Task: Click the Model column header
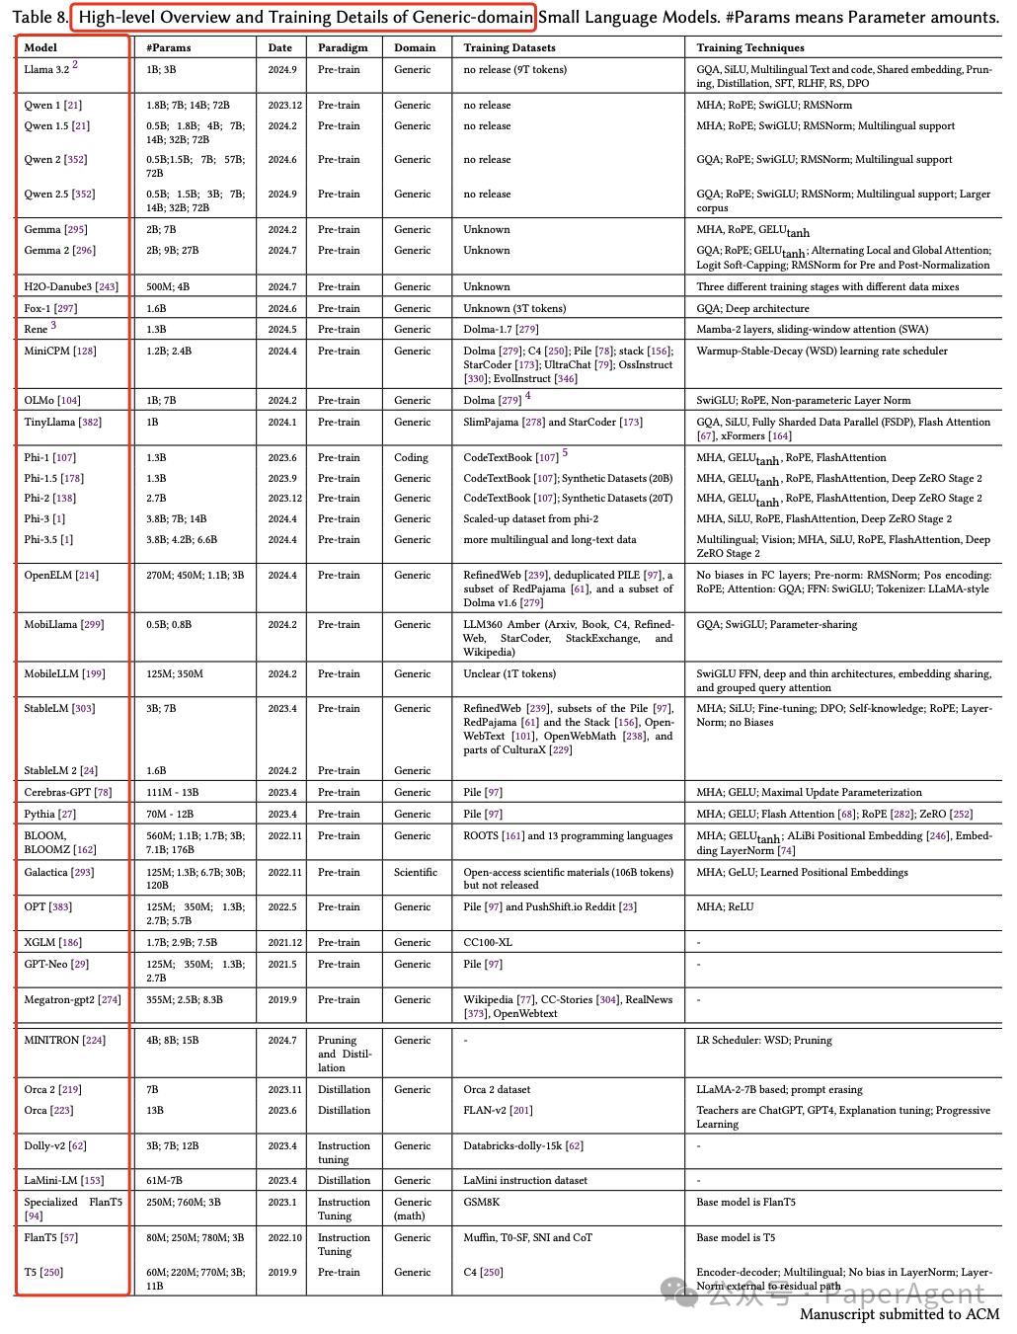(40, 47)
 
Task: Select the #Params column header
(168, 47)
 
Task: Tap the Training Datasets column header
(509, 47)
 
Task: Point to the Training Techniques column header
(750, 47)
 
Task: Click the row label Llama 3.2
(47, 70)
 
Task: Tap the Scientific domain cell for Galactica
(415, 873)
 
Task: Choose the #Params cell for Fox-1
(156, 309)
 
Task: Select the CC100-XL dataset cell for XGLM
(488, 943)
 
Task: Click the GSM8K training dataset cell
(481, 1203)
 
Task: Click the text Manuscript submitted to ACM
(899, 1314)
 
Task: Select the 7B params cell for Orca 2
(152, 1090)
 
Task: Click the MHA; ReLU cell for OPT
(725, 907)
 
